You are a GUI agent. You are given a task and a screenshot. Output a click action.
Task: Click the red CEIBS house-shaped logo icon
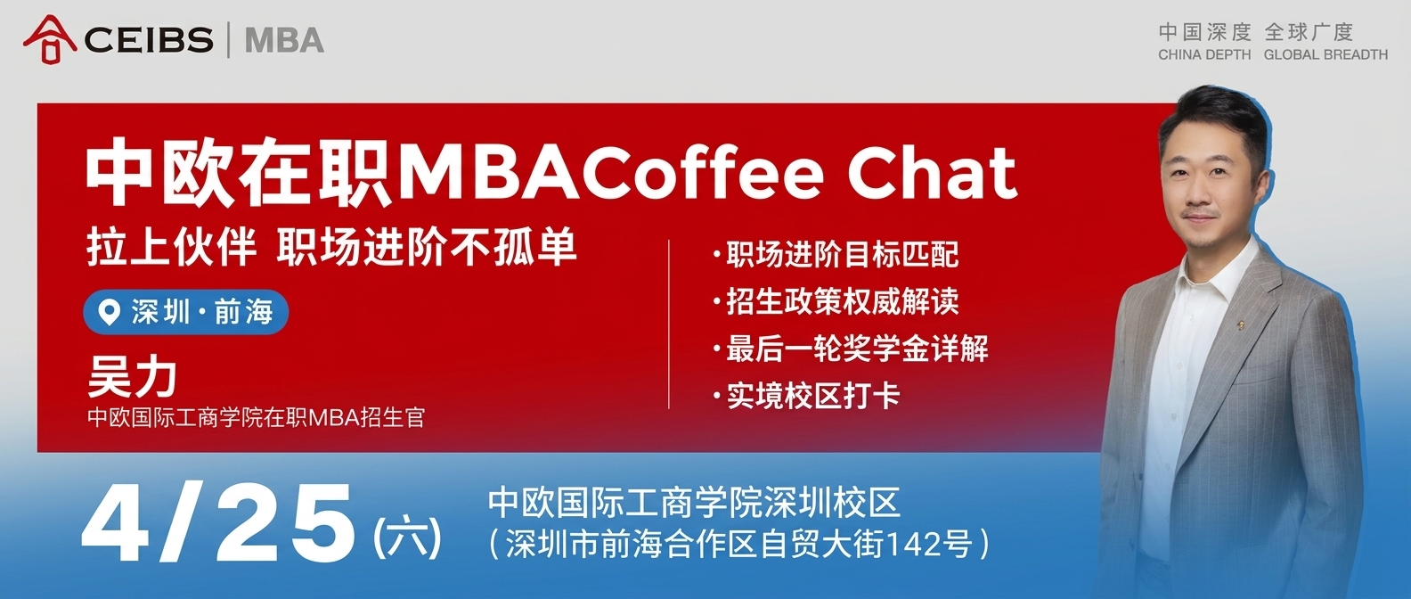49,39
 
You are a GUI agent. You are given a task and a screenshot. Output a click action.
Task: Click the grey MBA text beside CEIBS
284,40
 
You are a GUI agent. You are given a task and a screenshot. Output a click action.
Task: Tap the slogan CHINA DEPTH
1203,55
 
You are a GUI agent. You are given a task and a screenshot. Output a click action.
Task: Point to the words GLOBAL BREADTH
1325,55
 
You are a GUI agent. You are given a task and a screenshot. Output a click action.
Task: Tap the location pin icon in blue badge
110,312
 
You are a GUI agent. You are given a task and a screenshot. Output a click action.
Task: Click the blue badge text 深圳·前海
202,312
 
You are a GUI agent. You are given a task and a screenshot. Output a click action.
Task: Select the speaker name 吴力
132,377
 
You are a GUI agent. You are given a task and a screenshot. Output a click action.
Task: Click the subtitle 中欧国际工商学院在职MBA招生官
257,417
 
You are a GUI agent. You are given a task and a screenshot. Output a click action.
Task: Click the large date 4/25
218,522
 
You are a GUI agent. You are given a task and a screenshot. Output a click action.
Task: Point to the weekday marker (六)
408,537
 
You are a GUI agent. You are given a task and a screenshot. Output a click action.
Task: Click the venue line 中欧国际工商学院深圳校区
694,503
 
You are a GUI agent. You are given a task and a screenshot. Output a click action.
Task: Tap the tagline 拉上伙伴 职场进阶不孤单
331,247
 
